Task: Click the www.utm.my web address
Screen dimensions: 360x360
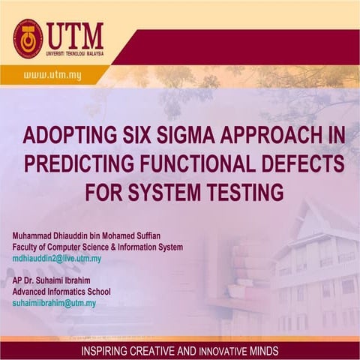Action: click(x=52, y=75)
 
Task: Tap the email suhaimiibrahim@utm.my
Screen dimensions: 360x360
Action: click(x=54, y=303)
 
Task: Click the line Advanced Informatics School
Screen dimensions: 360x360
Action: click(x=61, y=292)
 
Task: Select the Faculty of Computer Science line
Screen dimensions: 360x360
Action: click(x=97, y=247)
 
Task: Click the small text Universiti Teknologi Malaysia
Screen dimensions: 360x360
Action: click(x=75, y=52)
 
